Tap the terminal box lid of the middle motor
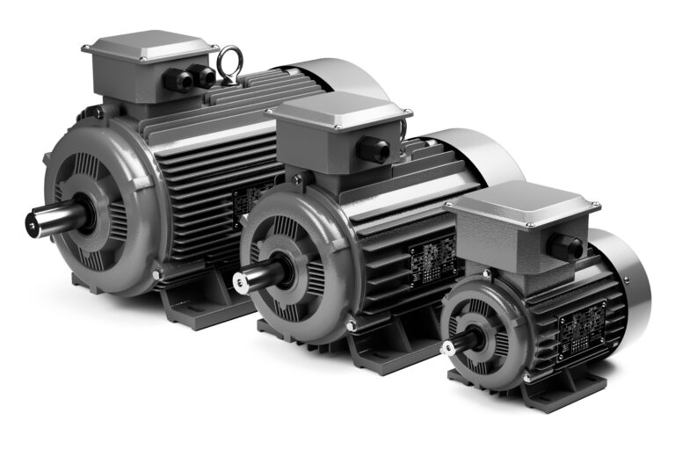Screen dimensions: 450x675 pyautogui.click(x=337, y=110)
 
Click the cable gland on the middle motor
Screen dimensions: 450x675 pyautogui.click(x=373, y=149)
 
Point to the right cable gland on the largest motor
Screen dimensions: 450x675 pyautogui.click(x=204, y=76)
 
